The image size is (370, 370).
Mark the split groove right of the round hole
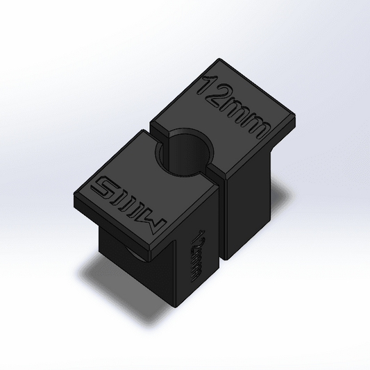point(217,169)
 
